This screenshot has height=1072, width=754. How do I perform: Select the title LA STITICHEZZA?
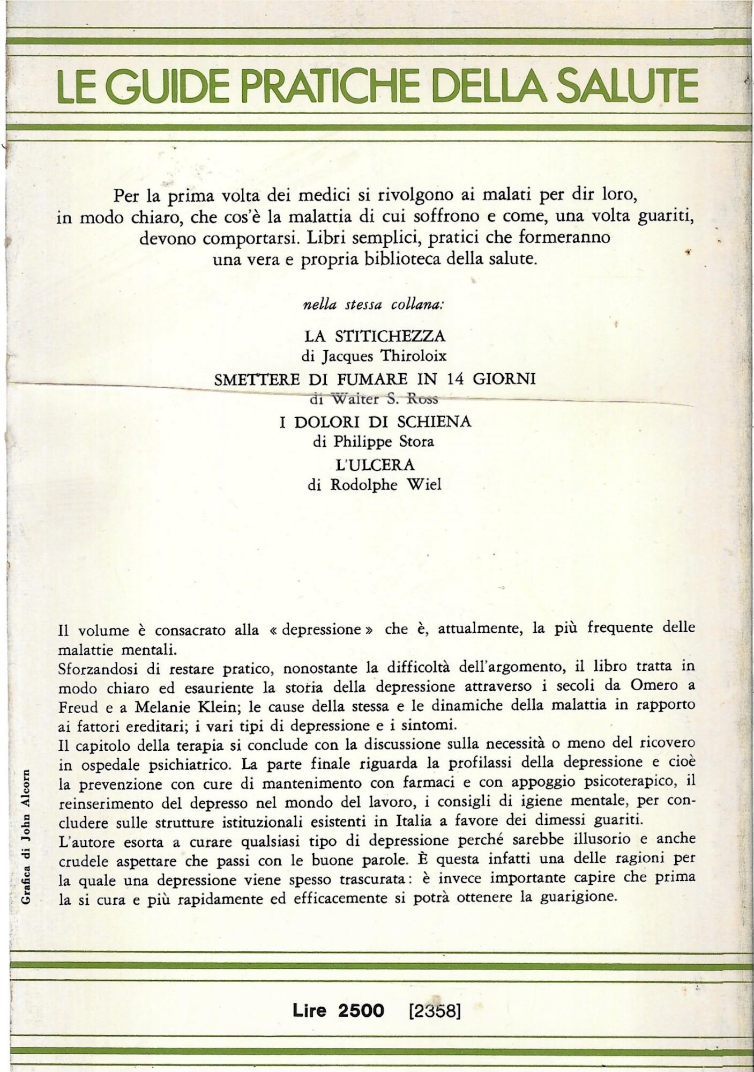coord(375,336)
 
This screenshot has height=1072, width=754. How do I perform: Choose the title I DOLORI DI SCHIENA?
coord(375,422)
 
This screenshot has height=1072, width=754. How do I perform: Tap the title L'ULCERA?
coord(375,463)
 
